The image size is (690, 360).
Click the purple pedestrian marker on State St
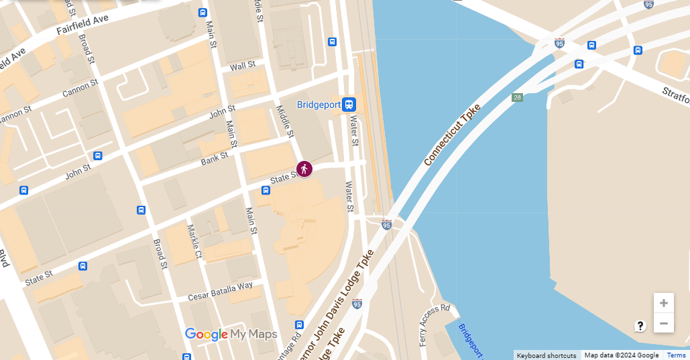(x=304, y=169)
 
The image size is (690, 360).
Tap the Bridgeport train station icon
(x=349, y=105)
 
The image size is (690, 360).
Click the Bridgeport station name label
(x=319, y=105)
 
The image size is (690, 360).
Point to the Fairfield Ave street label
(x=82, y=25)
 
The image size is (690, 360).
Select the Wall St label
(x=243, y=66)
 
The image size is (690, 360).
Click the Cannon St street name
(x=80, y=88)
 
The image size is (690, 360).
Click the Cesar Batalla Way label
(x=220, y=290)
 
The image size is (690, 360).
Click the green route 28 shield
(x=517, y=98)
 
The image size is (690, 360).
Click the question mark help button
(x=640, y=326)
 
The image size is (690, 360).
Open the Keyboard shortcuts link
(x=546, y=355)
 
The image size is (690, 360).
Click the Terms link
(x=676, y=355)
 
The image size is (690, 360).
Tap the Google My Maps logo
(x=231, y=334)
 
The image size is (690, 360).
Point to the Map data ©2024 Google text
(x=621, y=355)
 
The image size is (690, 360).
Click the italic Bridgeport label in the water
(x=471, y=340)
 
